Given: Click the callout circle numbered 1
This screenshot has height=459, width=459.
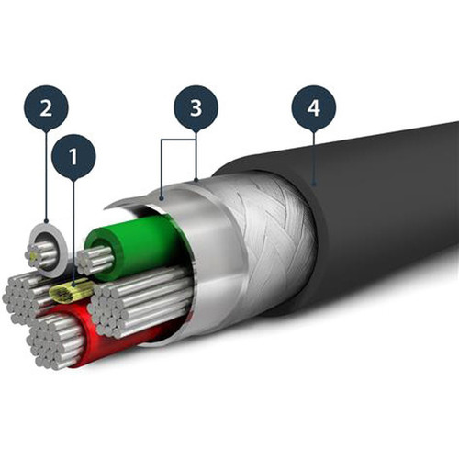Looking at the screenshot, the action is pyautogui.click(x=73, y=157).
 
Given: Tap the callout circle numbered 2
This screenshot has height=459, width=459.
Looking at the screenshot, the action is pyautogui.click(x=46, y=108).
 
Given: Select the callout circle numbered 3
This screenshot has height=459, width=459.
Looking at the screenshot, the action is pyautogui.click(x=196, y=108).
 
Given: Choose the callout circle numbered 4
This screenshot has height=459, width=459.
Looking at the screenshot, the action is pyautogui.click(x=314, y=108).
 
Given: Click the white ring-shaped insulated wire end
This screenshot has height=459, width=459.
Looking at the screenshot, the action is pyautogui.click(x=47, y=251).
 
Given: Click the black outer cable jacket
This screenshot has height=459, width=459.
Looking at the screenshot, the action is pyautogui.click(x=383, y=214).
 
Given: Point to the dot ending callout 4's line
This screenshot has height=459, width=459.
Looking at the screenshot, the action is pyautogui.click(x=314, y=185).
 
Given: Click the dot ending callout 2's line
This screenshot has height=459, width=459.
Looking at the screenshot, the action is pyautogui.click(x=46, y=221).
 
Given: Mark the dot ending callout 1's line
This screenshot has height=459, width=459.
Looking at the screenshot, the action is pyautogui.click(x=73, y=285).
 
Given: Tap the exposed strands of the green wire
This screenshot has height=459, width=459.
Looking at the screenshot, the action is pyautogui.click(x=95, y=260).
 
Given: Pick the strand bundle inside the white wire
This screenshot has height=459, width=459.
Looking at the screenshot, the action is pyautogui.click(x=41, y=255).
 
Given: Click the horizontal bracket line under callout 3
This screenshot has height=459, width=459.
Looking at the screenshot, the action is pyautogui.click(x=179, y=140).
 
